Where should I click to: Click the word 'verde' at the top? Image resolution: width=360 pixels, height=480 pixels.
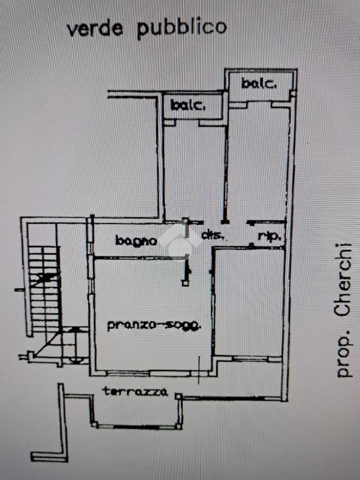(95, 29)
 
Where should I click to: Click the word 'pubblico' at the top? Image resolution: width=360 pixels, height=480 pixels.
(182, 28)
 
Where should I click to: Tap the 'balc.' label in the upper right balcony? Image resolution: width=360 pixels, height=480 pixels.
(259, 84)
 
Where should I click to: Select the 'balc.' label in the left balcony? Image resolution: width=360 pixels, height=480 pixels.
(188, 105)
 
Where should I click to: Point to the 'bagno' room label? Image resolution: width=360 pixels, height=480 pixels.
(136, 241)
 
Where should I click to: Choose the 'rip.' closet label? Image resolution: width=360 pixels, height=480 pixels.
(270, 237)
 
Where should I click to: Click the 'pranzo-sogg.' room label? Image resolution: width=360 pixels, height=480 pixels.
(154, 325)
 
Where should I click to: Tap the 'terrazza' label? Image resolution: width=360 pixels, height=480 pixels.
(135, 391)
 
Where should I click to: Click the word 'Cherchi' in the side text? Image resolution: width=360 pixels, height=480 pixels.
(343, 280)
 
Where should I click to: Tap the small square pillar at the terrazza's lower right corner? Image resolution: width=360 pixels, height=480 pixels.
(179, 426)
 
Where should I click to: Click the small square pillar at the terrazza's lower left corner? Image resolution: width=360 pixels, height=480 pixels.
(95, 425)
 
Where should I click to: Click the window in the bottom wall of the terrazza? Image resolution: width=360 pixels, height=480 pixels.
(136, 427)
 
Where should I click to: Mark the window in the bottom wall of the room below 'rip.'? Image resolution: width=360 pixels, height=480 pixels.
(250, 359)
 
